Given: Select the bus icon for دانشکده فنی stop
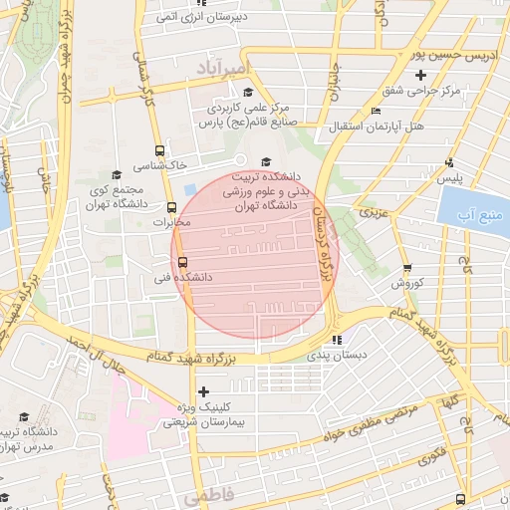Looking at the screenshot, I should [x=166, y=263].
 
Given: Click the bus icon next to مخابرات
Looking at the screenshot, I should [x=171, y=208].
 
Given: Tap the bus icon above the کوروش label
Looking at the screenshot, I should [x=407, y=267].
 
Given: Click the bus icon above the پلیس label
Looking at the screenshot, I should [x=449, y=162].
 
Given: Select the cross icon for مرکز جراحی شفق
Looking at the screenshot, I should [x=420, y=75].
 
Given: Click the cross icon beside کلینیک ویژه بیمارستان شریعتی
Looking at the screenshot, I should [x=204, y=391].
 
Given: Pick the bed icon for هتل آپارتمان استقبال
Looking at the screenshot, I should [x=375, y=111].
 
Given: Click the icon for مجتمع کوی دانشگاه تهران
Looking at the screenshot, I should [x=116, y=173].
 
